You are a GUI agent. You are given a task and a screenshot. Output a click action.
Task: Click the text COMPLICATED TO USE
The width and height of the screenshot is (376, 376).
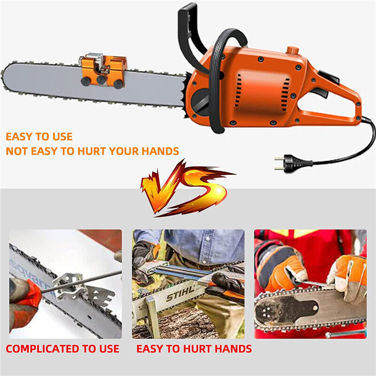[x=63, y=349]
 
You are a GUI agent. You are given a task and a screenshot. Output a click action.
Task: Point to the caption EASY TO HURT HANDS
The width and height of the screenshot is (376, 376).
[x=194, y=349]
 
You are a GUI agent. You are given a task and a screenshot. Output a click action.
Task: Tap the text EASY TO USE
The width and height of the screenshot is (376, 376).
[x=39, y=137]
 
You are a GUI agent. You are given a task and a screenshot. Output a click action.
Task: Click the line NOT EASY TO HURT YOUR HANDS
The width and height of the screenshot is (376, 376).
[x=92, y=151]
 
